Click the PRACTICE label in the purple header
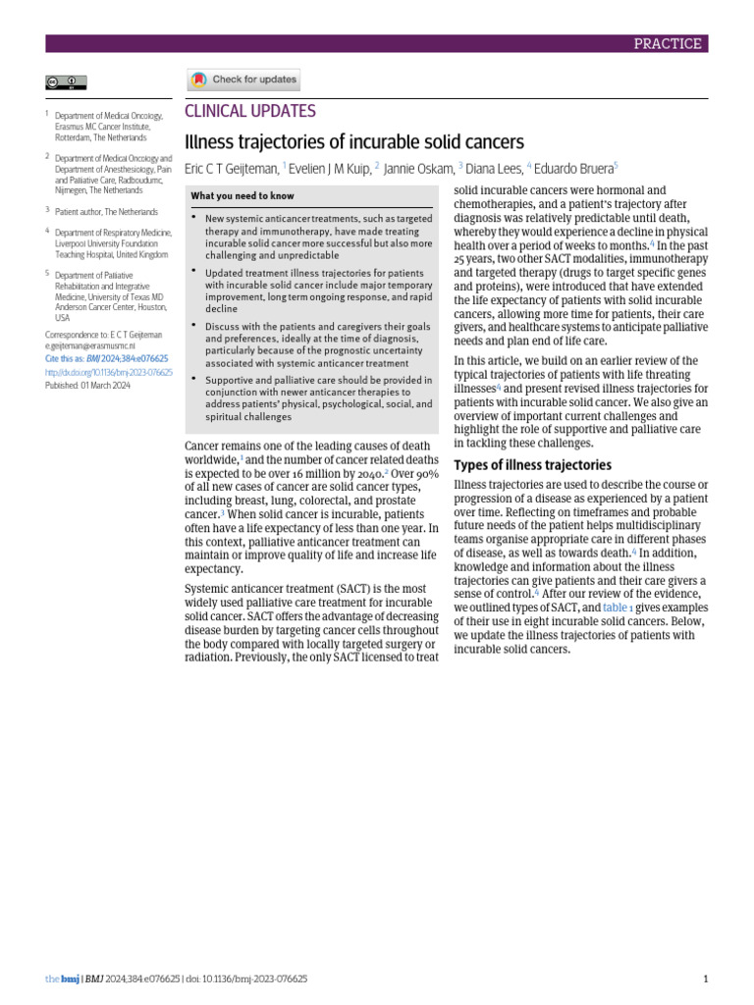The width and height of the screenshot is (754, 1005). click(668, 43)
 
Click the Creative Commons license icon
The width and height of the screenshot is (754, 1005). click(66, 82)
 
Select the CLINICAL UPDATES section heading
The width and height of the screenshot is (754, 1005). click(250, 111)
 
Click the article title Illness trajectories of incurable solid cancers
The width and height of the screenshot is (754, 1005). click(354, 140)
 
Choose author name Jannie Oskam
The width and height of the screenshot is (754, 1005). click(419, 168)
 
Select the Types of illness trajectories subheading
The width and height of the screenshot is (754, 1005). click(532, 464)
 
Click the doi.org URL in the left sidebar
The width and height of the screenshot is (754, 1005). click(108, 373)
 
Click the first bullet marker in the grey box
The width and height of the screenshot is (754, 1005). click(194, 217)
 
